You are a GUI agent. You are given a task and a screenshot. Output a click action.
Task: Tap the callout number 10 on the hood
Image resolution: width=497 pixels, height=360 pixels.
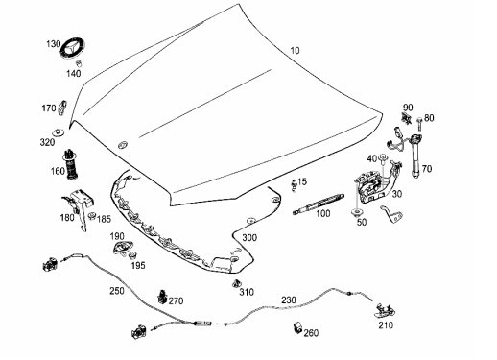pos(295,51)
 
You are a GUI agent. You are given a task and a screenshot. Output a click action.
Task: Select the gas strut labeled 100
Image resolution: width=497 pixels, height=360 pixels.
pos(319,204)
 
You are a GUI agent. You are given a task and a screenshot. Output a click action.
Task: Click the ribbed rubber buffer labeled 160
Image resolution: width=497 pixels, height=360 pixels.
pos(71,164)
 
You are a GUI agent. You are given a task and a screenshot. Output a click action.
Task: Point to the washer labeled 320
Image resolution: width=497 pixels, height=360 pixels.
pos(59,132)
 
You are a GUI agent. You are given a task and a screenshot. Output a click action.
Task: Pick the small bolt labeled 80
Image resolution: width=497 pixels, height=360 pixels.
pos(419,124)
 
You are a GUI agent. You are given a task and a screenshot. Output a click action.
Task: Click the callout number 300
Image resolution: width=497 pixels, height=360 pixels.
pos(249,238)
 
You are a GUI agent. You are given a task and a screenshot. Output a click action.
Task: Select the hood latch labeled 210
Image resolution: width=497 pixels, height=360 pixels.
pos(386,310)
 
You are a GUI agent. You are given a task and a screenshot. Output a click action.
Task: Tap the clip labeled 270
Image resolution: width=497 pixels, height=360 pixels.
pos(162,297)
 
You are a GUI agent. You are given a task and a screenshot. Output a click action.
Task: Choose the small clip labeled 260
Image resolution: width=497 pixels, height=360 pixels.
pos(297,326)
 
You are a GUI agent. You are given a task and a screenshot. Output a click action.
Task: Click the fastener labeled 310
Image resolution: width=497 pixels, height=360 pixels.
pos(236,283)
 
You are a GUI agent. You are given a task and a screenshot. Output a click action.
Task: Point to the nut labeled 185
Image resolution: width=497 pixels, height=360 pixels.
pos(92,215)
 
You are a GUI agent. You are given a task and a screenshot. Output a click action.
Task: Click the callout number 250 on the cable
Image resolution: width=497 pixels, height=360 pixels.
pos(117,291)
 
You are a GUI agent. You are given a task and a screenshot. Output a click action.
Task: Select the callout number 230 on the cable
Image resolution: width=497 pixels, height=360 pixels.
pos(289,300)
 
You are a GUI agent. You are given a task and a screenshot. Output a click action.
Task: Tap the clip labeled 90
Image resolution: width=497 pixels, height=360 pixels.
pos(407,118)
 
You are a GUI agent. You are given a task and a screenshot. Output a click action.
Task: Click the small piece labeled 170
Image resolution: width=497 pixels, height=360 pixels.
pos(62,108)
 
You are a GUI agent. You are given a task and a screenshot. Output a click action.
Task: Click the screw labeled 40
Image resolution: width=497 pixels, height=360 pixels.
pos(382,159)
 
